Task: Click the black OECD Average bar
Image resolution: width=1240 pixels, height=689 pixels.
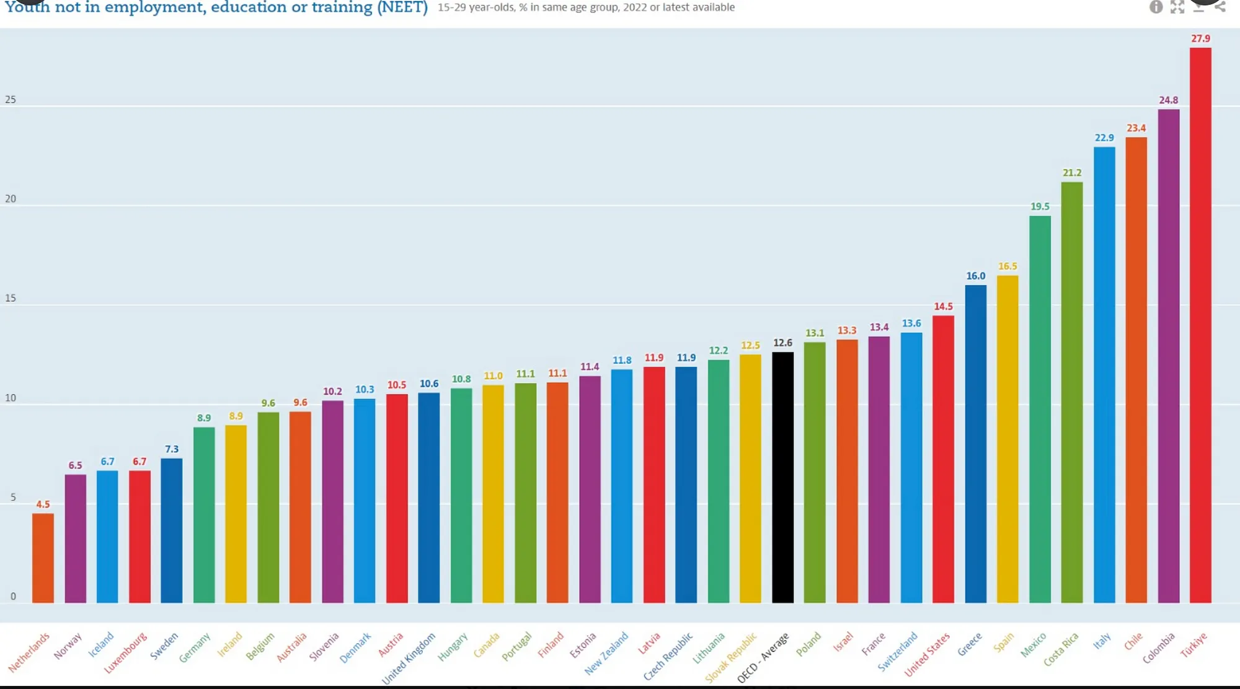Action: point(782,477)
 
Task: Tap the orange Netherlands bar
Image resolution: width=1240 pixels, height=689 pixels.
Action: point(43,558)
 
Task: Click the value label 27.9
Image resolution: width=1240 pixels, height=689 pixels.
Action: point(1200,38)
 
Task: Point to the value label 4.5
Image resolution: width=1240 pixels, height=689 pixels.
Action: point(43,504)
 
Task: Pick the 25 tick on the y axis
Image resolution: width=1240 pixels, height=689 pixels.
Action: point(11,100)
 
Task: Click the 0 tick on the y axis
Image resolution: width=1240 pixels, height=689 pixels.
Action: point(13,597)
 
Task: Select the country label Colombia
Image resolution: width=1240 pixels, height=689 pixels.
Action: point(1159,648)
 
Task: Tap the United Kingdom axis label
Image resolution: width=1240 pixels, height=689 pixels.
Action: point(409,658)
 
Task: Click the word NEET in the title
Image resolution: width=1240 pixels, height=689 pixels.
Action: point(402,8)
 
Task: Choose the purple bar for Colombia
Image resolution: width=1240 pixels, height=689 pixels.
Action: point(1168,356)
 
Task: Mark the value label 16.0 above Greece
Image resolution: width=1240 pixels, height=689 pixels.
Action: point(975,276)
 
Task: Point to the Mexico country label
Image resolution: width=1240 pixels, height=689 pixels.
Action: point(1034,645)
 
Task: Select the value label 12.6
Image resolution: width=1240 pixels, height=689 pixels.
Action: point(782,343)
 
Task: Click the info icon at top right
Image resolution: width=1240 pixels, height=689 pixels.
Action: point(1156,7)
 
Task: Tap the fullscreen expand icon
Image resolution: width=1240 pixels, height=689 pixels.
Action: point(1177,7)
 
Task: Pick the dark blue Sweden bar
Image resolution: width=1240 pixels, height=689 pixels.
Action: point(172,530)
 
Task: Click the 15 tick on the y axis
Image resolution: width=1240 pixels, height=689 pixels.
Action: point(11,298)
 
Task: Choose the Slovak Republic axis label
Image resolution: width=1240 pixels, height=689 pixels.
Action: point(731,657)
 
